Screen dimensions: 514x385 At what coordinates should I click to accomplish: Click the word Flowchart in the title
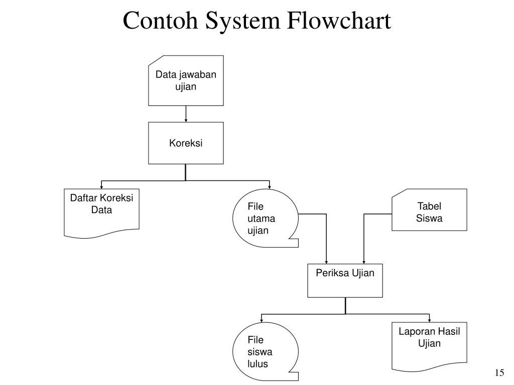tap(339, 20)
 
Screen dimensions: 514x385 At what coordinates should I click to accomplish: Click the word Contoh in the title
tap(160, 20)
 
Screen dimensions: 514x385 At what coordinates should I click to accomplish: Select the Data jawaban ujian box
tap(186, 81)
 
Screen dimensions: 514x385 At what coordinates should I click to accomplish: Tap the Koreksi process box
tap(186, 143)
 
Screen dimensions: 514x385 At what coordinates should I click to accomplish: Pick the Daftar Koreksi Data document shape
tap(101, 213)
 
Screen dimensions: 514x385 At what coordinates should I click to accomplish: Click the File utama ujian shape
tap(266, 218)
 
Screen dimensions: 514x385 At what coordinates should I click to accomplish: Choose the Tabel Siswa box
tap(430, 210)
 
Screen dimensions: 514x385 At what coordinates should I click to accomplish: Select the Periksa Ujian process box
tap(345, 281)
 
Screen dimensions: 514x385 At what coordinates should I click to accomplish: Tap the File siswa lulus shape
tap(266, 351)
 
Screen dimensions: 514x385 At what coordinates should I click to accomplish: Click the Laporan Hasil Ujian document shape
tap(430, 346)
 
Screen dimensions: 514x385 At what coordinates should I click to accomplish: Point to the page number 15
tap(499, 372)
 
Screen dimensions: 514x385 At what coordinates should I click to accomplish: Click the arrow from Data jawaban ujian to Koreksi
tap(186, 114)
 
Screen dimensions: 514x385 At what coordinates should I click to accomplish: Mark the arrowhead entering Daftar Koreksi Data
tap(101, 187)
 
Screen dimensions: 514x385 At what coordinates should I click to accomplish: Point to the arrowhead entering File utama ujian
tap(270, 187)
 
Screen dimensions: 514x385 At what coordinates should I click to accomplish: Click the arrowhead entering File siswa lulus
tap(262, 320)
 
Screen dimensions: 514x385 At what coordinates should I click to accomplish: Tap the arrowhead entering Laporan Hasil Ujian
tap(430, 320)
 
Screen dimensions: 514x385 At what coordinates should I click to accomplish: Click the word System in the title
tap(242, 20)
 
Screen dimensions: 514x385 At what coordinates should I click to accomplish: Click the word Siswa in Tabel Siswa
tap(429, 219)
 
